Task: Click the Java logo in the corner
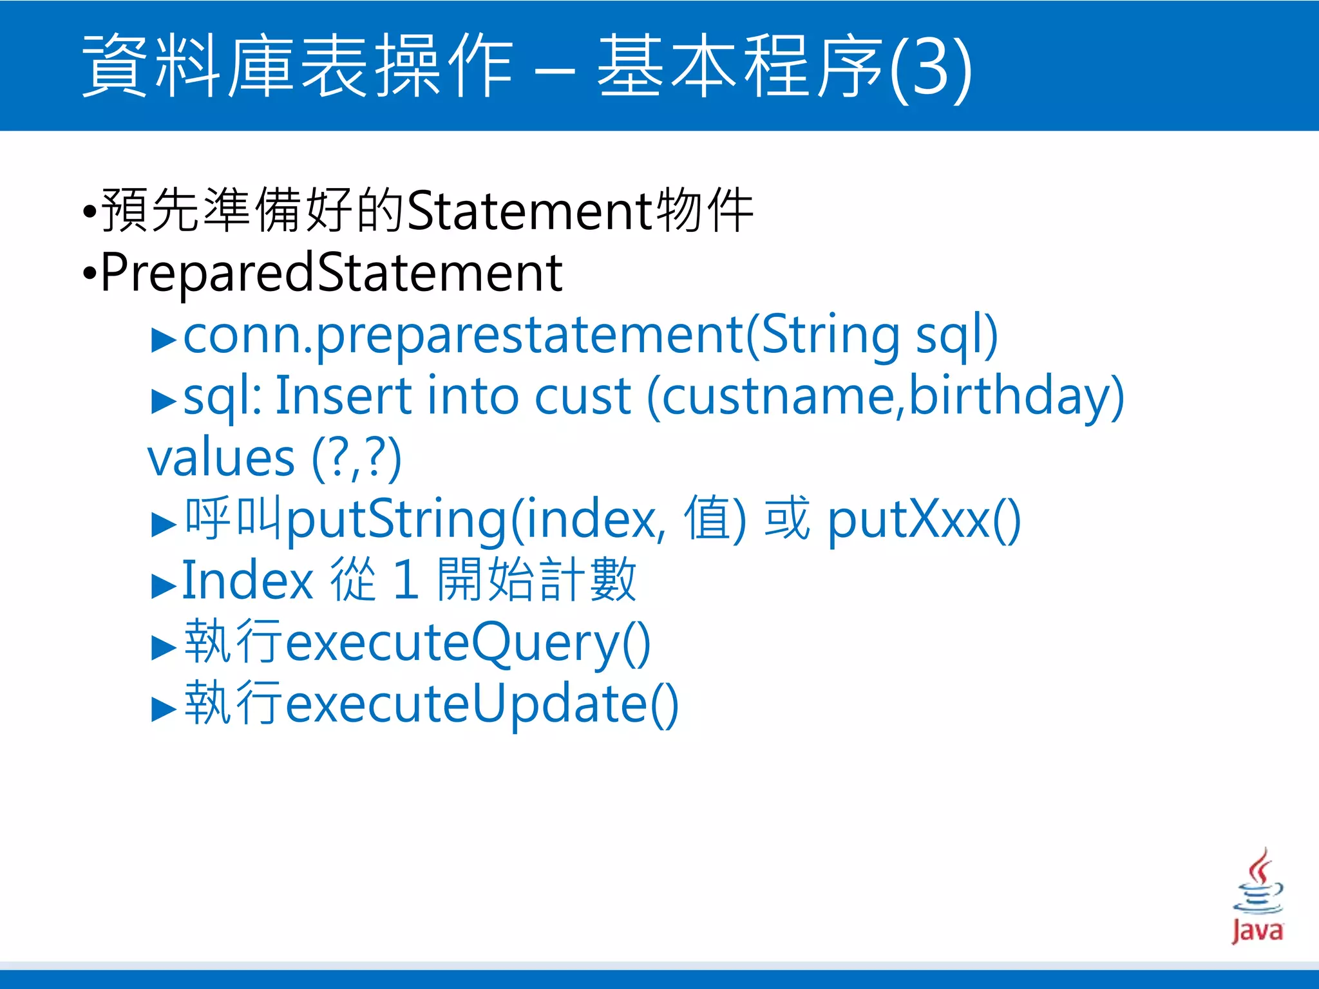pos(1257,896)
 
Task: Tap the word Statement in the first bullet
pos(530,211)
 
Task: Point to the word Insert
pos(343,396)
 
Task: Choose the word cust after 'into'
pos(582,396)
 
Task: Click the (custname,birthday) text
pos(886,396)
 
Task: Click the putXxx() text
pos(924,520)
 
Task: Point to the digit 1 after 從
pos(406,580)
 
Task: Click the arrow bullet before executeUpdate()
pos(164,709)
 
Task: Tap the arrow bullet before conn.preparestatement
pos(164,340)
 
